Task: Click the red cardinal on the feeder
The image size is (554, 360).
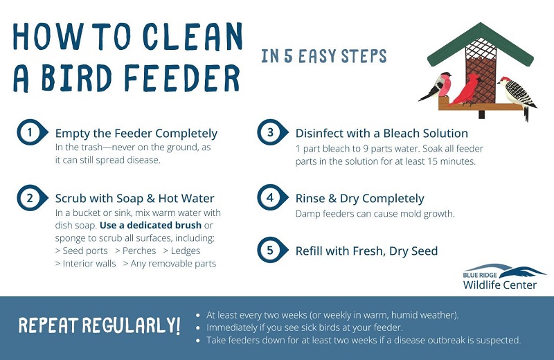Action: coord(466,90)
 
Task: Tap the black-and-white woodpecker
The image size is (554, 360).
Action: coord(517,96)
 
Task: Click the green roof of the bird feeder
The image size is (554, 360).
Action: coord(481,44)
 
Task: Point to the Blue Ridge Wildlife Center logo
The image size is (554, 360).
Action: coord(504,277)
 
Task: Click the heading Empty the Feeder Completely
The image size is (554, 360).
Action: coord(136,134)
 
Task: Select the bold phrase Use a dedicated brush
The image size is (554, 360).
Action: coord(150,225)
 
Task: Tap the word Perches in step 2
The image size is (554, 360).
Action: coord(139,251)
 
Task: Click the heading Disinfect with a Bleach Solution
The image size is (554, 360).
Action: coord(382,133)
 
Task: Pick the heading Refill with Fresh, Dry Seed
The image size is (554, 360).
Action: coord(366,251)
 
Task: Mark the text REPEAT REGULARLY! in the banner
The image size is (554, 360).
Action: coord(99,325)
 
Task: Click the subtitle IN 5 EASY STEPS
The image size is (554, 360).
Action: coord(323,57)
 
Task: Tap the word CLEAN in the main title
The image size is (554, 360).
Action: coord(193,36)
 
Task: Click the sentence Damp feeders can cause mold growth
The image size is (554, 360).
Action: coord(375,214)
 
